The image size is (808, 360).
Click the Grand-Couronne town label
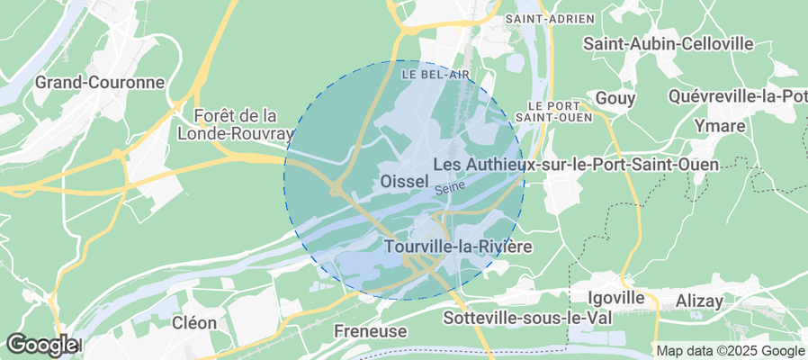(100, 83)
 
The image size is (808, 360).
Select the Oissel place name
(404, 182)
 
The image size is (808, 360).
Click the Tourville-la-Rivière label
(458, 246)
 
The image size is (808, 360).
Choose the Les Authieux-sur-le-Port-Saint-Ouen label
(576, 165)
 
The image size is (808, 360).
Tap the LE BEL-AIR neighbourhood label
(435, 74)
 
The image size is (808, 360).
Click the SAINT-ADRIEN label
(550, 18)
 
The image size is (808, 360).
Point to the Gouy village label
(616, 97)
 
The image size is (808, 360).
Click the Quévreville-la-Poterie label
(738, 96)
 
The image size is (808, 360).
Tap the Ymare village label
(719, 126)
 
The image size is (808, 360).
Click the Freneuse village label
(370, 331)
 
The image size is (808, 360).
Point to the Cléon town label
(194, 322)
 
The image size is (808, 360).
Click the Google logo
(41, 344)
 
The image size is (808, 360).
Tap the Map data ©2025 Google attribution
(730, 351)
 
